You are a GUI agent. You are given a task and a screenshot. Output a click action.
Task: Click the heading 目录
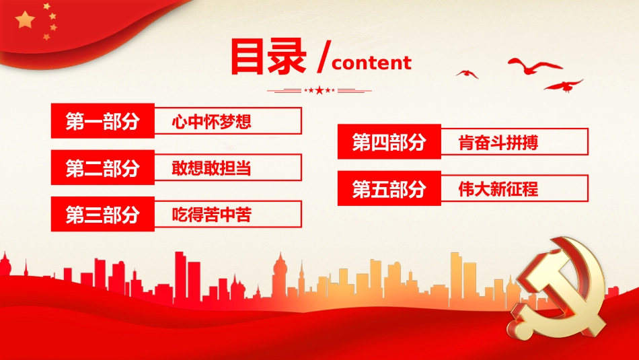pos(268,58)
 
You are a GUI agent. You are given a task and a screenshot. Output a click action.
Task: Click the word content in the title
pos(371,63)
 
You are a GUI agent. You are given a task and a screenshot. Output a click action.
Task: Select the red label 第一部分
pos(102,122)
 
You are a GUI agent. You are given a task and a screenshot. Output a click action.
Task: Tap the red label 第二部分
pos(102,168)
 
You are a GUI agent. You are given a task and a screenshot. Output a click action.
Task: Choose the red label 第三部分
pos(102,215)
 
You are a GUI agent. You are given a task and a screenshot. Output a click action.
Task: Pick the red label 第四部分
pos(389,143)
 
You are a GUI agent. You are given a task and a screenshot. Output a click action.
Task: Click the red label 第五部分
pos(389,189)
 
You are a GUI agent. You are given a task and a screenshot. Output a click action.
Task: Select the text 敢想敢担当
pos(211,168)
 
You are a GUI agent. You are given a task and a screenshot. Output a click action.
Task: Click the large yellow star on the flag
pos(26,20)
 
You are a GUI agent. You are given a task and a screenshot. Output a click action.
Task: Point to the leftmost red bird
pos(466,73)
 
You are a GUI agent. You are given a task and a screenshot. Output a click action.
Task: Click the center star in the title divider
pos(319,90)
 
